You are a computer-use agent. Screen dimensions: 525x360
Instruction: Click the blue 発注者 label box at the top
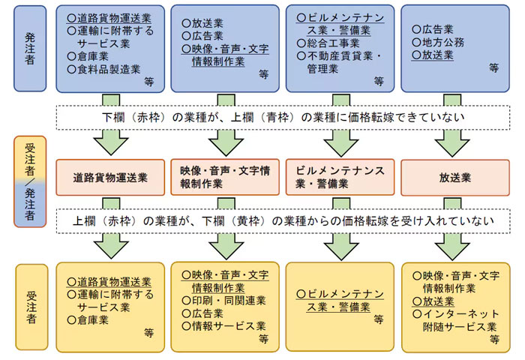[30, 49]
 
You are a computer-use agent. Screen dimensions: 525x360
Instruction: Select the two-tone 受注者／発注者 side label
[30, 181]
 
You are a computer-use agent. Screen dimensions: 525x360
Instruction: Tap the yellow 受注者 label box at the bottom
[31, 307]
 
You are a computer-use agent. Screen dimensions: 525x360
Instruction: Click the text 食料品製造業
[103, 69]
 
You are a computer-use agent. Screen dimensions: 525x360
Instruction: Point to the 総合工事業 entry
[328, 43]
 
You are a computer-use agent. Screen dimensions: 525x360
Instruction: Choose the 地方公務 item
[438, 42]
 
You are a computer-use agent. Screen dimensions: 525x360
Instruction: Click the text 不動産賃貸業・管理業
[339, 62]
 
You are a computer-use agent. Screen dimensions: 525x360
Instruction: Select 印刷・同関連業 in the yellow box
[223, 301]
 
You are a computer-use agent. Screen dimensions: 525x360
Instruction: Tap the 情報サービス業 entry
[223, 325]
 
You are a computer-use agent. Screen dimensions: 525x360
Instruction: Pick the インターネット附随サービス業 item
[456, 320]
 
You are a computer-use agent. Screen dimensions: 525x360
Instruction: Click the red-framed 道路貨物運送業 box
[110, 178]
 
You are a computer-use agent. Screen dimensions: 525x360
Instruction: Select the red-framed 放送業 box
[455, 178]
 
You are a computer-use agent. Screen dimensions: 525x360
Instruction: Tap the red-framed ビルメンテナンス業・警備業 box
[340, 177]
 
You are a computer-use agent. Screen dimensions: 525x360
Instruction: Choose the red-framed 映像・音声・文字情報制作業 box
[225, 177]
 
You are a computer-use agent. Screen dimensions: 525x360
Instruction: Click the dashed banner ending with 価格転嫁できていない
[283, 118]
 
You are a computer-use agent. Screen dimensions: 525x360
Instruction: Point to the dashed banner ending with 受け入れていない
[283, 221]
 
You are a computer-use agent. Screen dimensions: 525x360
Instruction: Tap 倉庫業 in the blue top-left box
[88, 56]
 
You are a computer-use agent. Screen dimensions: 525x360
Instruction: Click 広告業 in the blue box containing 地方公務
[433, 29]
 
